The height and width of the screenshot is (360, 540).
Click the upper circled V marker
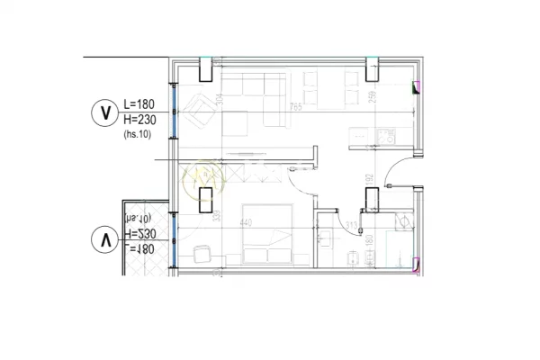tap(106, 113)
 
